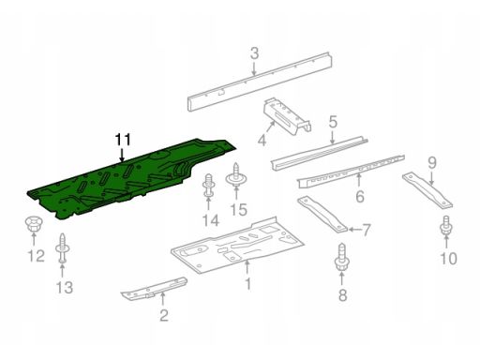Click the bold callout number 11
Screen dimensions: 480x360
[x=123, y=141]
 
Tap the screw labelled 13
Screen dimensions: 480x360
[x=62, y=248]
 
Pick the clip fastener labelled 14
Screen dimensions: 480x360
[x=208, y=186]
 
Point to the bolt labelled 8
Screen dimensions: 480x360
[x=341, y=258]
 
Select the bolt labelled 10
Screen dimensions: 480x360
[x=446, y=227]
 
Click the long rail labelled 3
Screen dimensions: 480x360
[x=260, y=82]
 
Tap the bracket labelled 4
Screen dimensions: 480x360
[x=287, y=116]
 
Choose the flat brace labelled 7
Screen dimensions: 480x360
[x=322, y=215]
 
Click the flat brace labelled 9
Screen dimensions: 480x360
[x=427, y=190]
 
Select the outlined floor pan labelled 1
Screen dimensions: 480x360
[x=237, y=245]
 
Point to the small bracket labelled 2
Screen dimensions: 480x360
[x=154, y=288]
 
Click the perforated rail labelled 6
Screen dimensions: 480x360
[x=351, y=172]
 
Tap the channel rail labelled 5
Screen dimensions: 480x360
[x=319, y=154]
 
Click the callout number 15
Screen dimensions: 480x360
[x=238, y=209]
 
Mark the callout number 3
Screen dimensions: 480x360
[x=255, y=53]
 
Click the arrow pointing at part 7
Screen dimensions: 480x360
[x=353, y=230]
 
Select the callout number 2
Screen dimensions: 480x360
[x=164, y=315]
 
